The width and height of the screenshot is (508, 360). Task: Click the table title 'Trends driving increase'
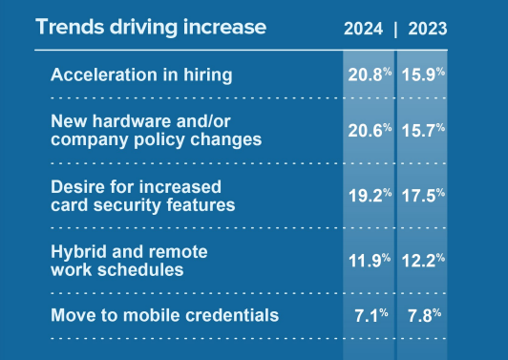pyautogui.click(x=150, y=27)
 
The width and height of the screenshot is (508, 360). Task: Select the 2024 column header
pyautogui.click(x=364, y=29)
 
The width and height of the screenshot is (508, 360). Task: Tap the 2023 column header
pyautogui.click(x=427, y=29)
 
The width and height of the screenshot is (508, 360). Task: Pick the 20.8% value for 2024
pyautogui.click(x=369, y=74)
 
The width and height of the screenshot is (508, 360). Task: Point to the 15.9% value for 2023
pyautogui.click(x=423, y=74)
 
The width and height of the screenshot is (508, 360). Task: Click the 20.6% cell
pyautogui.click(x=369, y=130)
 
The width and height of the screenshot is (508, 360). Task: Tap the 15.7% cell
pyautogui.click(x=423, y=130)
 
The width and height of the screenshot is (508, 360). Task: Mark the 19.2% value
pyautogui.click(x=369, y=194)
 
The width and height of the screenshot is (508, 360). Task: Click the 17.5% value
pyautogui.click(x=423, y=194)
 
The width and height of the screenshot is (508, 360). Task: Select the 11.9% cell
pyautogui.click(x=369, y=260)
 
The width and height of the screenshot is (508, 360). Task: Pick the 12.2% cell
pyautogui.click(x=423, y=260)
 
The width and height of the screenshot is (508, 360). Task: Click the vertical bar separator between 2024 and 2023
pyautogui.click(x=395, y=29)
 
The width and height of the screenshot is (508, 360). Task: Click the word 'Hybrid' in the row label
pyautogui.click(x=75, y=251)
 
